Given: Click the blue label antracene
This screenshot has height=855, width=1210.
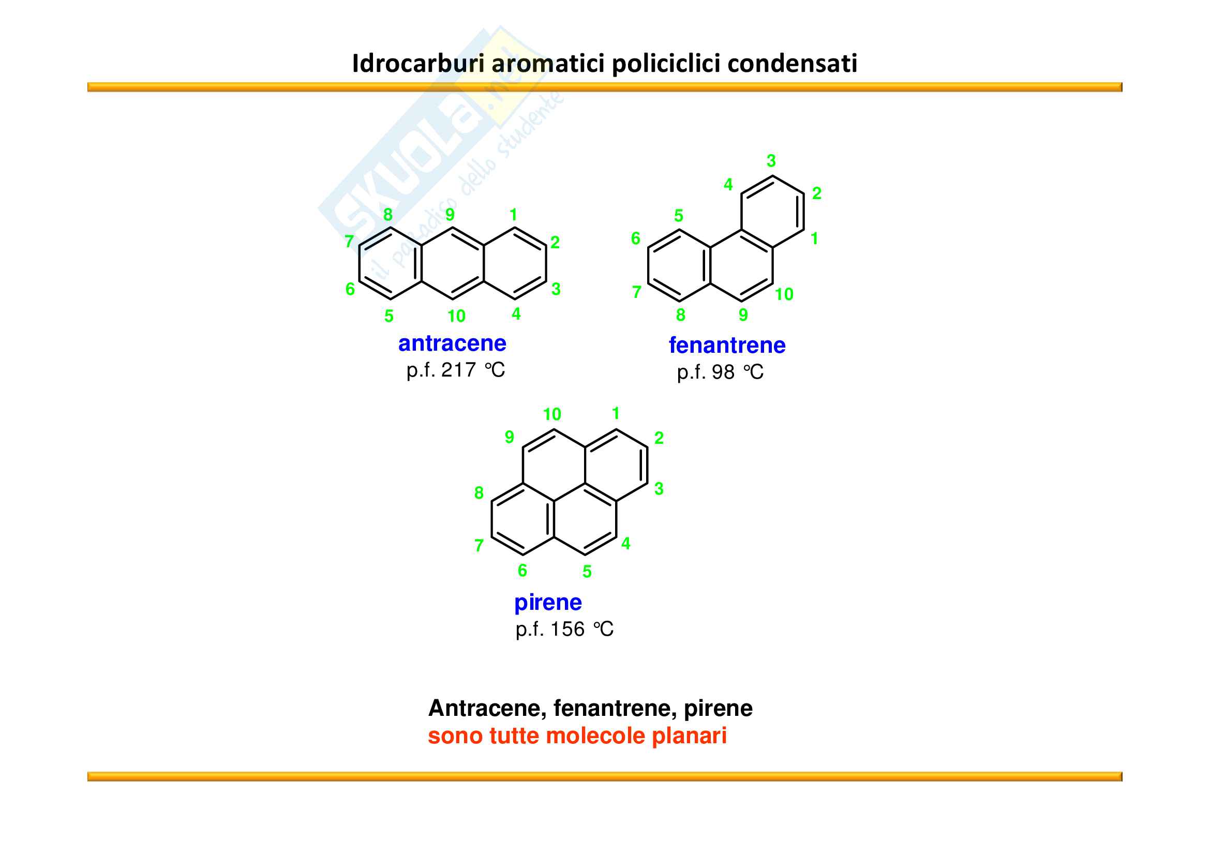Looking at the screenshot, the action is click(x=452, y=343).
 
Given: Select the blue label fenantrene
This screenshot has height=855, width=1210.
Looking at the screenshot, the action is click(x=727, y=346).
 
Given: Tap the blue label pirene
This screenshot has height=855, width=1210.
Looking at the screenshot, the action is click(x=548, y=603).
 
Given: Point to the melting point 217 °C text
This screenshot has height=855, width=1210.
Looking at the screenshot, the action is click(x=455, y=370).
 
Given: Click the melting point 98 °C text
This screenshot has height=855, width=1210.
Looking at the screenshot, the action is click(x=720, y=372).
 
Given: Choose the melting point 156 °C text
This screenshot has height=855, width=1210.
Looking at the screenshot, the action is click(x=564, y=629).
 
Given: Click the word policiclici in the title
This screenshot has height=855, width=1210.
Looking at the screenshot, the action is click(x=666, y=64).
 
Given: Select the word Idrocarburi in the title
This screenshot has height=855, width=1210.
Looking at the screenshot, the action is click(x=419, y=64).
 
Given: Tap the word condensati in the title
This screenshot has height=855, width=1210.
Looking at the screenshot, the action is click(x=793, y=64).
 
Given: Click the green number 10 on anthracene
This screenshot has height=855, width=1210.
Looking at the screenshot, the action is click(x=456, y=316).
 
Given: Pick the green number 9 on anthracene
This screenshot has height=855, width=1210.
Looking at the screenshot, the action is click(x=450, y=215).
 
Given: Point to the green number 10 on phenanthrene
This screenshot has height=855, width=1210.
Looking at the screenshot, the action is click(x=784, y=294).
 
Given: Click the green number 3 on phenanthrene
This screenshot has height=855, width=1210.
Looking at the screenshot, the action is click(x=771, y=161).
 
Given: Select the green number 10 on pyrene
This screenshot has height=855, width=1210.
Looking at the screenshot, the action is click(x=552, y=415).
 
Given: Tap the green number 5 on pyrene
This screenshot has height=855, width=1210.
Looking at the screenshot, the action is click(x=587, y=572).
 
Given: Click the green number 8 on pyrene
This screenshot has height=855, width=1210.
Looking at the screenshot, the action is click(x=479, y=492).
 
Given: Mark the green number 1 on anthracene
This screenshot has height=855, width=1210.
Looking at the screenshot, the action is click(x=513, y=215).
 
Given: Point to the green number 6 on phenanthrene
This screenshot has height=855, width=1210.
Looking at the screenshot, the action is click(x=636, y=238).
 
